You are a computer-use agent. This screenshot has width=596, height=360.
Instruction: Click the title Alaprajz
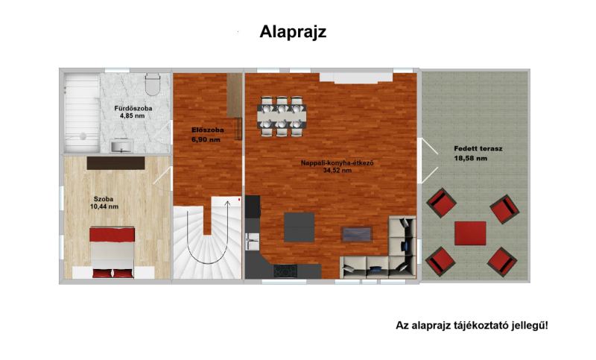[x=293, y=32]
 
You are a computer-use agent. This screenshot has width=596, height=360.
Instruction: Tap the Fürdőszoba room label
[x=133, y=108]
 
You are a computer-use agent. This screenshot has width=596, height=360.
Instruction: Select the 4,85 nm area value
[x=133, y=116]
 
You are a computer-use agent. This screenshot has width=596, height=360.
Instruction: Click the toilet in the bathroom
[x=153, y=85]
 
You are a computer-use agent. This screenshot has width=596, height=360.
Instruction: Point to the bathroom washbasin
[x=121, y=145]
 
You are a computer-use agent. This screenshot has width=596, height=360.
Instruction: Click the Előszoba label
[x=208, y=130]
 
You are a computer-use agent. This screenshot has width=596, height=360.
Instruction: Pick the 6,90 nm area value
[x=206, y=139]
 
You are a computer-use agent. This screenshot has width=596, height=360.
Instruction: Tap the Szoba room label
[x=104, y=199]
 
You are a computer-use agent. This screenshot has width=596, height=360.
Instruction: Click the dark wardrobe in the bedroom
[x=116, y=163]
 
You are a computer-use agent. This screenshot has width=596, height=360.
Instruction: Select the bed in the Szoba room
[x=112, y=253]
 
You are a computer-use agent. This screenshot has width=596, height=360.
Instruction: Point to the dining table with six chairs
[x=282, y=116]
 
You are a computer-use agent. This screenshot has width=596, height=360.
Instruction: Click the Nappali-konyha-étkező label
[x=337, y=163]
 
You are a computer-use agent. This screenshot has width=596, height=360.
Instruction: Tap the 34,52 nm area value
[x=337, y=171]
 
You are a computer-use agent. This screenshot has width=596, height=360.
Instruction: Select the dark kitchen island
[x=299, y=227]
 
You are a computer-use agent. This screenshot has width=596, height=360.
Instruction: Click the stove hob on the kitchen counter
[x=285, y=271]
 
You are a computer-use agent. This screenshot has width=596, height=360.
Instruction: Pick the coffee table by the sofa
[x=357, y=234]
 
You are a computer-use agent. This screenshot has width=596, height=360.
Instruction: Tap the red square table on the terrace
[x=470, y=233]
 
